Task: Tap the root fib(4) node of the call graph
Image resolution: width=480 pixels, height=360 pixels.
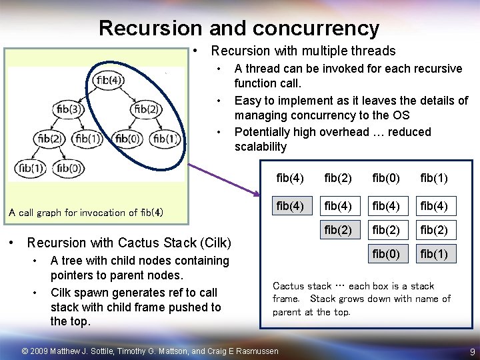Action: [x=109, y=81]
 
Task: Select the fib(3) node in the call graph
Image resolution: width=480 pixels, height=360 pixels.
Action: [x=69, y=109]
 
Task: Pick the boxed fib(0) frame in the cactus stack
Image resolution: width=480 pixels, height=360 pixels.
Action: [x=386, y=253]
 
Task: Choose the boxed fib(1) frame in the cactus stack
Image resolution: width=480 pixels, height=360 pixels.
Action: [x=433, y=253]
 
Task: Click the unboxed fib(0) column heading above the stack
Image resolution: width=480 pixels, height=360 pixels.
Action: [x=386, y=178]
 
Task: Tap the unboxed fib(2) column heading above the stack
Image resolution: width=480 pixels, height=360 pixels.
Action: [x=338, y=178]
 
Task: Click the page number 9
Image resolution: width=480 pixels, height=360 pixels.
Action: [x=472, y=351]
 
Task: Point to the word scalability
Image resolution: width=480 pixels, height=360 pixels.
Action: [x=261, y=147]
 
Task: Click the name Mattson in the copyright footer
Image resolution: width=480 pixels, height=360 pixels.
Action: [x=174, y=351]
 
